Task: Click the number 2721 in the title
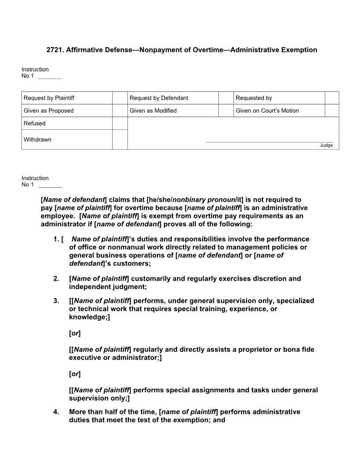[x=54, y=50]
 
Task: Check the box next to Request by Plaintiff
[x=120, y=98]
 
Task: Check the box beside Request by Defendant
[x=226, y=98]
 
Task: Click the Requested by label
[x=254, y=98]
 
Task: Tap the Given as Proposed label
[x=49, y=111]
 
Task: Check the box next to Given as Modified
[x=226, y=111]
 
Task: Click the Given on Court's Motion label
[x=267, y=111]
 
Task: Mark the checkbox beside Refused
[x=120, y=124]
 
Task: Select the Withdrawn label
[x=37, y=140]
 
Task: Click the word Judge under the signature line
[x=326, y=146]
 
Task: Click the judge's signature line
[x=269, y=142]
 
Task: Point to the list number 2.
[x=56, y=279]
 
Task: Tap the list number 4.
[x=56, y=412]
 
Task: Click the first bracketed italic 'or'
[x=75, y=333]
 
